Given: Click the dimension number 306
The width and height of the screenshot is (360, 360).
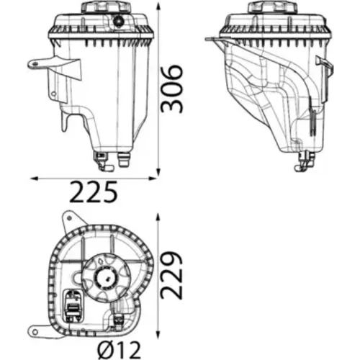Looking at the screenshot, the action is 171,89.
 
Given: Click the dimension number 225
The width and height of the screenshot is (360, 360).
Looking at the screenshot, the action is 94,192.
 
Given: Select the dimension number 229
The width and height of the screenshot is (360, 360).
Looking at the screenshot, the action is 171,275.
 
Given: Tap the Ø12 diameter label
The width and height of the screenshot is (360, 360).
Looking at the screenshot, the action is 120,350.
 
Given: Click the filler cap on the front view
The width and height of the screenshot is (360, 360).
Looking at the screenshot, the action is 107,7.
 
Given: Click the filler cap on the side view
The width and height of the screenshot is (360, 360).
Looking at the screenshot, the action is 273,7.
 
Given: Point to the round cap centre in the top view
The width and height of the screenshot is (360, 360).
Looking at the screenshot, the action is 107,279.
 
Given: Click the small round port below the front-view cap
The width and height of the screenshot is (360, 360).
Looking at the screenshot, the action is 118,22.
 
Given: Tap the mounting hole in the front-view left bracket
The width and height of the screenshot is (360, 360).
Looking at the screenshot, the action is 35,64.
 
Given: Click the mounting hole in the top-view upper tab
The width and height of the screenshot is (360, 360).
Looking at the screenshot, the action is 69,218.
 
